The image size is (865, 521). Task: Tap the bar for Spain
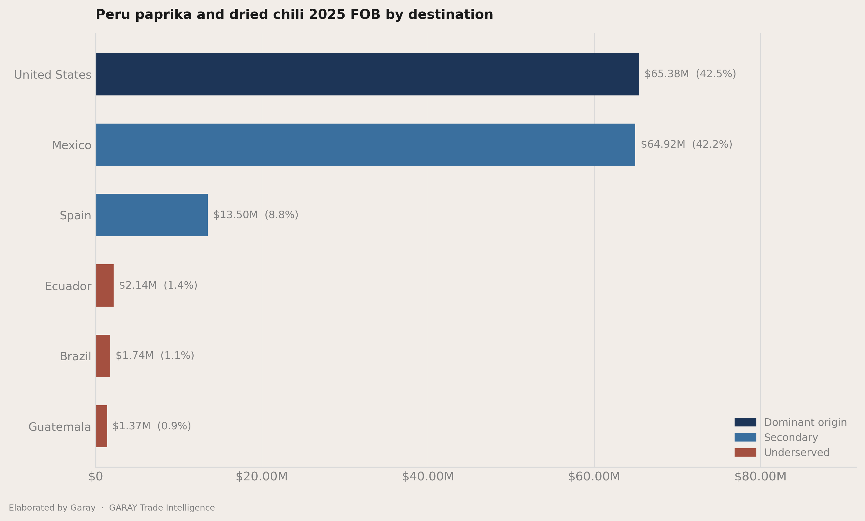[152, 215]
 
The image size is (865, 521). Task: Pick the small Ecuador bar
[105, 285]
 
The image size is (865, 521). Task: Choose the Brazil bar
[103, 356]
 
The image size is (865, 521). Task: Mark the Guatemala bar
[102, 426]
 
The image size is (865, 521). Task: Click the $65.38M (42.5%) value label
[690, 74]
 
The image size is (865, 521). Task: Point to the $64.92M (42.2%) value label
[686, 144]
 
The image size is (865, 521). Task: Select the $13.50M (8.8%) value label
[256, 215]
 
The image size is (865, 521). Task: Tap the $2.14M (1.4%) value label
[158, 285]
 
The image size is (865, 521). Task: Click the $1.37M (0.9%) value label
[152, 426]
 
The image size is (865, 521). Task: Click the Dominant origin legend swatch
[745, 422]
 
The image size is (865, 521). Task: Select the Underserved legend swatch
[745, 453]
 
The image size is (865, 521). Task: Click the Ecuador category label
[68, 286]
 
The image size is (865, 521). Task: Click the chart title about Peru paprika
[294, 15]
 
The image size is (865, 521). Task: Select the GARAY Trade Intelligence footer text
[162, 508]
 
